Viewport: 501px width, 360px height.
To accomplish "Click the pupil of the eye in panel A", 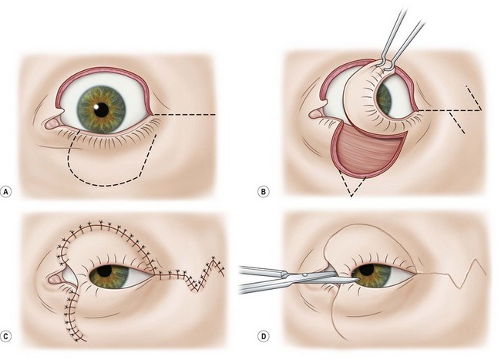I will pyautogui.click(x=101, y=107).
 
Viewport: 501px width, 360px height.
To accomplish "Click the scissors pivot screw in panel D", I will pyautogui.click(x=308, y=274).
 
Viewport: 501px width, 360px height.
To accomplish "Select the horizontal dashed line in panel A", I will pyautogui.click(x=185, y=115).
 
